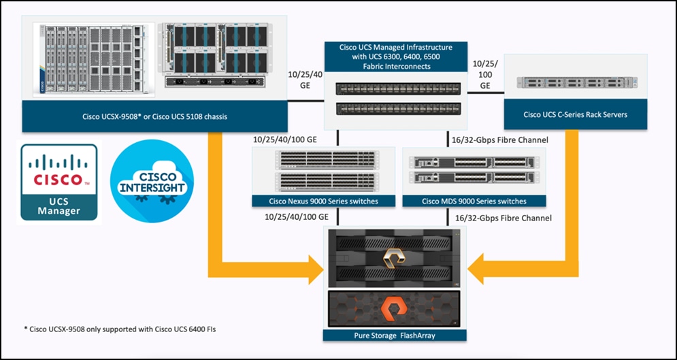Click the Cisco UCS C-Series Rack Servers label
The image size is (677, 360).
click(576, 114)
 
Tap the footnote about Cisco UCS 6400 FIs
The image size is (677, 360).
click(122, 328)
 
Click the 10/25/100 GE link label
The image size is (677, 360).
click(485, 74)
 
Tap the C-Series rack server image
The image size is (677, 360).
click(576, 82)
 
